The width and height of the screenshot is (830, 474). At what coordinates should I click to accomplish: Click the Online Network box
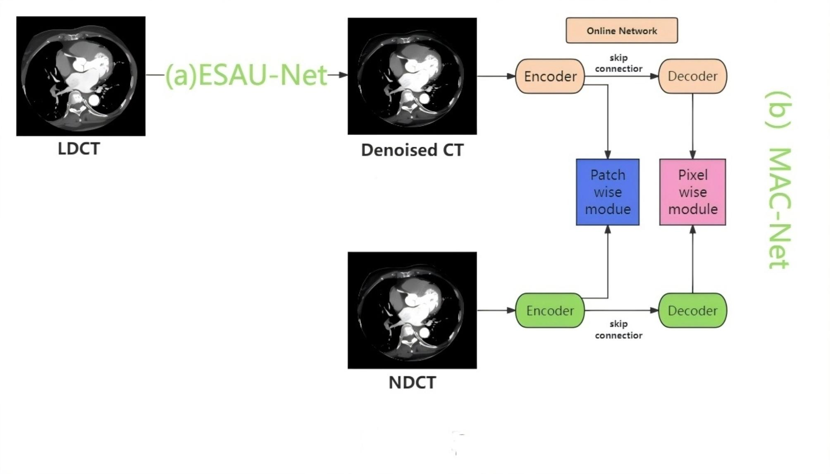(621, 30)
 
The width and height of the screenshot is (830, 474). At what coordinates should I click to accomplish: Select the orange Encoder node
(550, 76)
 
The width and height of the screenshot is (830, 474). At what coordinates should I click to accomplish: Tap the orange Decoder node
(692, 76)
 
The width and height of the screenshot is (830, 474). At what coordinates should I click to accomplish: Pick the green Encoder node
(550, 310)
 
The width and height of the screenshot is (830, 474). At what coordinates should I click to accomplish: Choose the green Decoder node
(692, 310)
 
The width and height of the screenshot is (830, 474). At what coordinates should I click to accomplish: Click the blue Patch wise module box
(608, 192)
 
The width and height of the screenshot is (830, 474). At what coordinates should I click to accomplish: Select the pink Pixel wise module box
(692, 192)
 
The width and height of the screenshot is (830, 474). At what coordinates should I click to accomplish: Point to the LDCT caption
(79, 149)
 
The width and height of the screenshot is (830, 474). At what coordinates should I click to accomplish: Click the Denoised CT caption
(412, 150)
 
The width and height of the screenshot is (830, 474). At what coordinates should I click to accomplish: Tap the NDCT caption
(412, 383)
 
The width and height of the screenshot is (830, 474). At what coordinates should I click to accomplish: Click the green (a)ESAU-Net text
(246, 75)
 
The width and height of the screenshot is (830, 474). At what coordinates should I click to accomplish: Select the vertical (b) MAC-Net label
(778, 180)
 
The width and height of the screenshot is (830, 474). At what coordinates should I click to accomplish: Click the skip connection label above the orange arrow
(618, 63)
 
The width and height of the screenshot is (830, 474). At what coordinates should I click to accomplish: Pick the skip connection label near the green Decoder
(618, 330)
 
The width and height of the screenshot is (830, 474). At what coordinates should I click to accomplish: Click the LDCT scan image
(81, 76)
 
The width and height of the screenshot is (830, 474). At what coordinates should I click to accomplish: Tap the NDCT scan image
(412, 310)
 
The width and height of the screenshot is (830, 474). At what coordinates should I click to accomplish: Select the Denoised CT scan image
(412, 76)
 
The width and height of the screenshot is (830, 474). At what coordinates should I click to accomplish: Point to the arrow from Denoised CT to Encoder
(496, 76)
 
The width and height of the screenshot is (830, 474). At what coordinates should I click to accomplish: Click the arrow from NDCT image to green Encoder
(496, 310)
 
